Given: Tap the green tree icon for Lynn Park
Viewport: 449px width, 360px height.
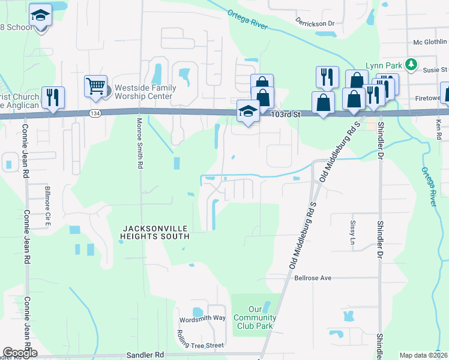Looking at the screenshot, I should point(411,64).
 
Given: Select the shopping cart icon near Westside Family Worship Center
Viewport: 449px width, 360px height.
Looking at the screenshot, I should point(95,86).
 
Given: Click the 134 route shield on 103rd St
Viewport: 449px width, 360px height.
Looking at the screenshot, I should point(95,113).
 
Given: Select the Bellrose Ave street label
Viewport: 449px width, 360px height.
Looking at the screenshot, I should point(313,278).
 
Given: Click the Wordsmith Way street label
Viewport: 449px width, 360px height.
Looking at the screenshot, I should point(202,317).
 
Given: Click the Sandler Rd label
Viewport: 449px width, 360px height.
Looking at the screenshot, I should point(145,355).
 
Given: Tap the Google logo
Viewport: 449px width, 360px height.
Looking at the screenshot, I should point(20,353).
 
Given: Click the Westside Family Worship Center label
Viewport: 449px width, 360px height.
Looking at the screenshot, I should point(145,92).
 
